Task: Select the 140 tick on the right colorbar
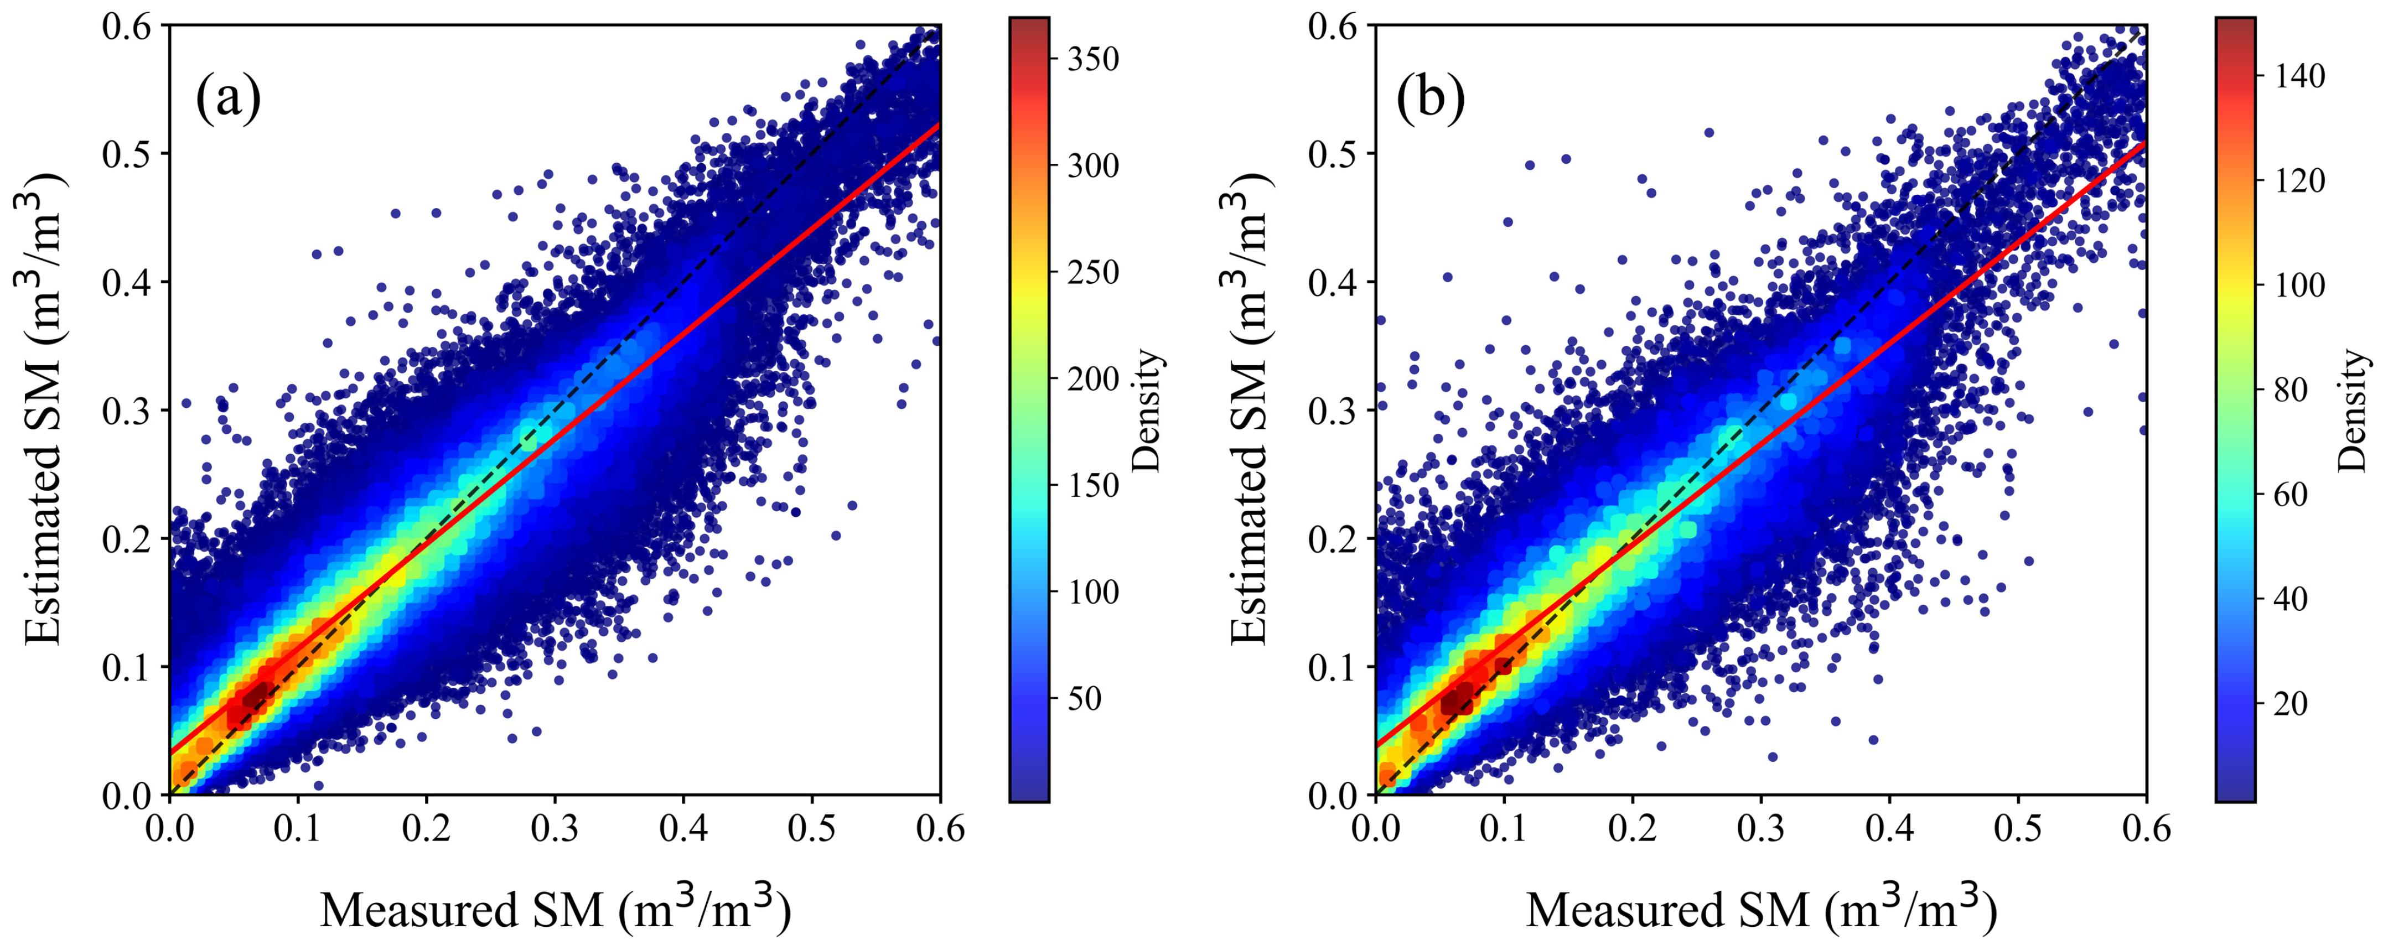click(x=2300, y=76)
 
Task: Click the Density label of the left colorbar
click(x=1147, y=411)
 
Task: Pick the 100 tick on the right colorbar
click(x=2300, y=285)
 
